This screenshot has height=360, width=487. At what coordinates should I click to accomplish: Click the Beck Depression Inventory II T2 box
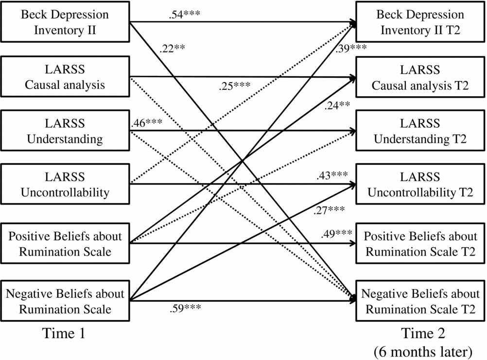tap(420, 21)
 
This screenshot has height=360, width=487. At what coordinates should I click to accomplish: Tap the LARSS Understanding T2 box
tap(420, 130)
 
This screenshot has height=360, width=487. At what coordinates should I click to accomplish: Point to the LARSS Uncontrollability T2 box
tap(420, 185)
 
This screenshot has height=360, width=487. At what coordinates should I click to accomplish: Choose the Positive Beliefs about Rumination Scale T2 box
tap(420, 244)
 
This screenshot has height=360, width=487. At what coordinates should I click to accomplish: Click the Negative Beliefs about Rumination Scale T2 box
tap(420, 301)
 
